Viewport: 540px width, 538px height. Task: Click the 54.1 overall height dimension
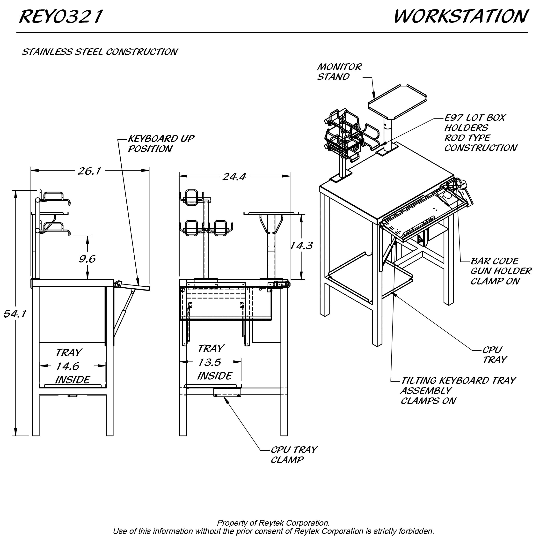click(x=15, y=314)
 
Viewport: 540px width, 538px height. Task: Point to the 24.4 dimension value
click(x=234, y=177)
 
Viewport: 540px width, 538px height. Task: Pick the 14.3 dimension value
click(x=301, y=246)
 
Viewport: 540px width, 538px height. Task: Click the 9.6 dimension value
click(x=87, y=259)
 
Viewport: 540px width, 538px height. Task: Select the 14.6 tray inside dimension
click(x=68, y=366)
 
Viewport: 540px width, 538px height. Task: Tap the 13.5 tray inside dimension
click(x=210, y=363)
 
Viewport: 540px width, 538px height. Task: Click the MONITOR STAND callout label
click(x=339, y=72)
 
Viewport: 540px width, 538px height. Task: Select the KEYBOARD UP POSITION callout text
click(x=161, y=143)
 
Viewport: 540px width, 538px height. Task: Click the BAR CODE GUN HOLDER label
click(x=501, y=271)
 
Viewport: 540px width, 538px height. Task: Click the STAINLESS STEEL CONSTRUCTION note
click(x=100, y=52)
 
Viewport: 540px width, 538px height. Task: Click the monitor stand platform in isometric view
click(x=397, y=102)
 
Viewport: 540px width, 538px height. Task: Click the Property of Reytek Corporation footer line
click(x=273, y=523)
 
